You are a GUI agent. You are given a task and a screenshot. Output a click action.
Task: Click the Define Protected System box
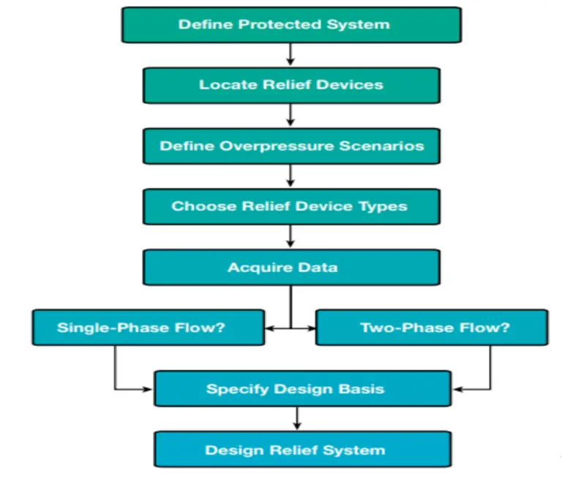click(x=291, y=24)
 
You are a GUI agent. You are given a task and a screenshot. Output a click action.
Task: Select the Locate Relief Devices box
click(x=291, y=85)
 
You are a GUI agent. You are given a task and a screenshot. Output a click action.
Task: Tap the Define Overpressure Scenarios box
click(x=291, y=146)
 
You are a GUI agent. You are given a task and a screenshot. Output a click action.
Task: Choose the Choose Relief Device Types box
click(x=291, y=206)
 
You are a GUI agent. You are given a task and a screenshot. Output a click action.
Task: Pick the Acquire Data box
click(x=291, y=267)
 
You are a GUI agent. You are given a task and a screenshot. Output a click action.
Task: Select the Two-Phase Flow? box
click(x=431, y=327)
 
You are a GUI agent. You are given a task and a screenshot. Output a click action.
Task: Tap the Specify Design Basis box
click(x=302, y=388)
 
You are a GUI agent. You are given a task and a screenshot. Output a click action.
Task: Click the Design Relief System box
click(x=302, y=449)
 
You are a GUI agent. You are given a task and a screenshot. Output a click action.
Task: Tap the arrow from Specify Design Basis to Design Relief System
click(x=296, y=418)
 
